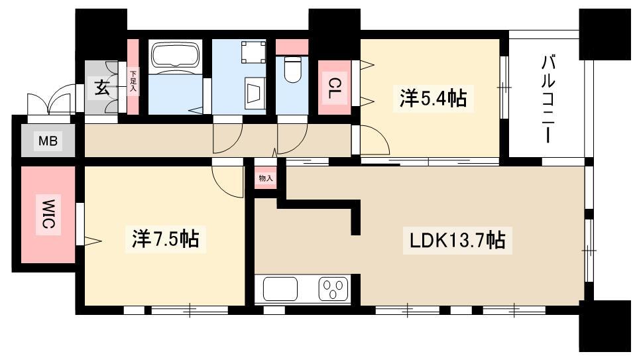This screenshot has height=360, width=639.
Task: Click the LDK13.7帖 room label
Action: coord(457,241)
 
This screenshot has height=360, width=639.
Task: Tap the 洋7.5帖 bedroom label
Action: coord(166,239)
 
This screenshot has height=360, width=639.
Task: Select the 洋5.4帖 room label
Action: coord(433,98)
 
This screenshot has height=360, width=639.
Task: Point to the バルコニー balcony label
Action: coord(548,99)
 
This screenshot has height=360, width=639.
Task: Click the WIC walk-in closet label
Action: coord(48,214)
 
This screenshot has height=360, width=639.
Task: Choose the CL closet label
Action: coord(335,88)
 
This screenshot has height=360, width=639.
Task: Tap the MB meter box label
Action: coord(48,141)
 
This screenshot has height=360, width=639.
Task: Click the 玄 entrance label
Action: coord(102,88)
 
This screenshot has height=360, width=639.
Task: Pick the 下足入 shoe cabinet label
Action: coord(133,81)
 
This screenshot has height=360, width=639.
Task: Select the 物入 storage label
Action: coord(266,178)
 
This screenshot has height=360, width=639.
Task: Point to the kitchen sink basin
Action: coord(280,288)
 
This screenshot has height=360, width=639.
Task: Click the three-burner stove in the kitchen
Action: coord(333,289)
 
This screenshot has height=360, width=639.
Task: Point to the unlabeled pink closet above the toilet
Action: coord(292,47)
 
